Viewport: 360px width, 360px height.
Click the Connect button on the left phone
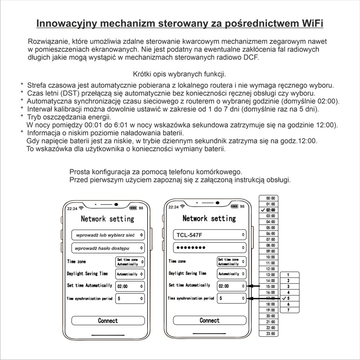click(108, 320)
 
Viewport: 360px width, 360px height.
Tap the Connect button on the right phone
click(210, 320)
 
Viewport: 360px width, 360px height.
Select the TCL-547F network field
click(210, 235)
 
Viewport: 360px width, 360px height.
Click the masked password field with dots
click(210, 248)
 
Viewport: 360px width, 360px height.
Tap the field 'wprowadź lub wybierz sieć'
click(108, 235)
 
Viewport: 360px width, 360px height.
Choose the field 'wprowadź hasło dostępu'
click(108, 248)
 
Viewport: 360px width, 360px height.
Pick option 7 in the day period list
click(288, 310)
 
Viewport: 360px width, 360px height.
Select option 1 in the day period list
click(288, 275)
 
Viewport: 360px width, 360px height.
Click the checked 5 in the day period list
click(288, 298)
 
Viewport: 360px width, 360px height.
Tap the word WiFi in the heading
click(311, 23)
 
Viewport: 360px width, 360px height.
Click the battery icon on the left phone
click(133, 208)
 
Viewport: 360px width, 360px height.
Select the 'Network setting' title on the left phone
click(107, 219)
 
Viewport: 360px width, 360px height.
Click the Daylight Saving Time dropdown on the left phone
click(130, 274)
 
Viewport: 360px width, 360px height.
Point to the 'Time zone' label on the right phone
click(177, 261)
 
